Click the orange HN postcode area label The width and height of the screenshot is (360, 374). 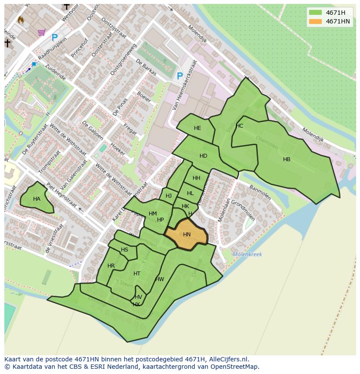coord(187,235)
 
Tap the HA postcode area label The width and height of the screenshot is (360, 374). coord(37,199)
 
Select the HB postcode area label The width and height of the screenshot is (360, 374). coord(287,159)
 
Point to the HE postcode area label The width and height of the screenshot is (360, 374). coord(197,128)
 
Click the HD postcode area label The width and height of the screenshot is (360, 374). coord(203,156)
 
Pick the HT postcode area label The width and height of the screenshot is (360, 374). coord(137,274)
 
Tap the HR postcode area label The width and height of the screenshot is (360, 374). coord(111,266)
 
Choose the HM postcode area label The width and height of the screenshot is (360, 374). coord(153,214)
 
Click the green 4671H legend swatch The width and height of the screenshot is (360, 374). coord(316,13)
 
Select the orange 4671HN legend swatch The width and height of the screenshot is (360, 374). coord(316,21)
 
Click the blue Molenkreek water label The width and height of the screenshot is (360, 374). coord(247,255)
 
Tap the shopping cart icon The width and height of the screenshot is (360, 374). coord(42,32)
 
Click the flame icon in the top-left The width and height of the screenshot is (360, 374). coord(21,20)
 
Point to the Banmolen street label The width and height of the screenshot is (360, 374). coord(260,193)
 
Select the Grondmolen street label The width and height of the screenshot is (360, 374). coord(243,210)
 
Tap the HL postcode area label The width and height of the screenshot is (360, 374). coord(190,193)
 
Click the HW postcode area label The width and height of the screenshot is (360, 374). coord(160,279)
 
